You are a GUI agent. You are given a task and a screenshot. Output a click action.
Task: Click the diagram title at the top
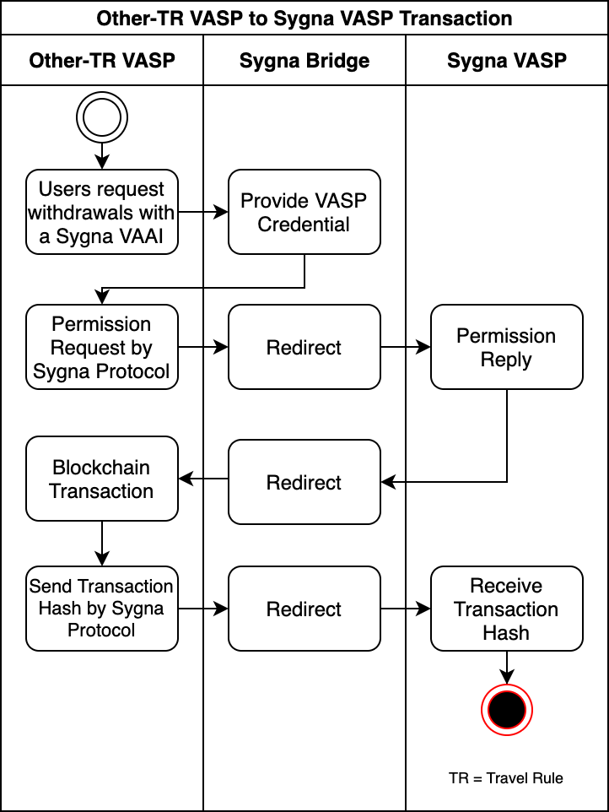(x=304, y=18)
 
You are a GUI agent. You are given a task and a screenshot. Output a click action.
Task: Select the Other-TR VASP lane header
(x=101, y=60)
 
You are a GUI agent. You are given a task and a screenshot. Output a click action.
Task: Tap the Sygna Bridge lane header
(x=304, y=60)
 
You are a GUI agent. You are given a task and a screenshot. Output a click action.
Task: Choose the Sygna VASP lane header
(x=506, y=60)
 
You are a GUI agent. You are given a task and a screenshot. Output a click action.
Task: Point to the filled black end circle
(x=506, y=710)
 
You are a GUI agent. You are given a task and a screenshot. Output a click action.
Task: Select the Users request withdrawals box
(x=101, y=212)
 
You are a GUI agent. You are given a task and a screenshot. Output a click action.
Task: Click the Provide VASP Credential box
(x=304, y=212)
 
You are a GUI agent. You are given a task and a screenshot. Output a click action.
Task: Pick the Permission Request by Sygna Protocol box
(x=101, y=347)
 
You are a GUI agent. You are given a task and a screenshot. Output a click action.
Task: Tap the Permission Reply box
(x=506, y=347)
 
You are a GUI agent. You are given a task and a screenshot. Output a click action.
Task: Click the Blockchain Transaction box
(x=101, y=479)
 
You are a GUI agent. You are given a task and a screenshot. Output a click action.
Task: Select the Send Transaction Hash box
(x=101, y=608)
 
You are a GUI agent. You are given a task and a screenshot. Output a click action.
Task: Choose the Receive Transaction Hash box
(x=506, y=609)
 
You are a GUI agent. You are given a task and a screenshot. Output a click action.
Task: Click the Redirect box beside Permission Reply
(x=304, y=347)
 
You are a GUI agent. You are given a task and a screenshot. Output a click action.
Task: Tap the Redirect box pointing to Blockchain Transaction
(x=304, y=482)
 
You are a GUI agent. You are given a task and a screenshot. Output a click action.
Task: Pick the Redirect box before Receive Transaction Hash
(x=304, y=609)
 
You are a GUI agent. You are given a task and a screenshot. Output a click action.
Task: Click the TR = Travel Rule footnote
(x=505, y=777)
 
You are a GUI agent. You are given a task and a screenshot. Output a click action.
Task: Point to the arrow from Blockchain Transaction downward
(x=101, y=543)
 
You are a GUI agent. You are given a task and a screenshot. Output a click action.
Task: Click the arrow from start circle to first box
(x=101, y=155)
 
